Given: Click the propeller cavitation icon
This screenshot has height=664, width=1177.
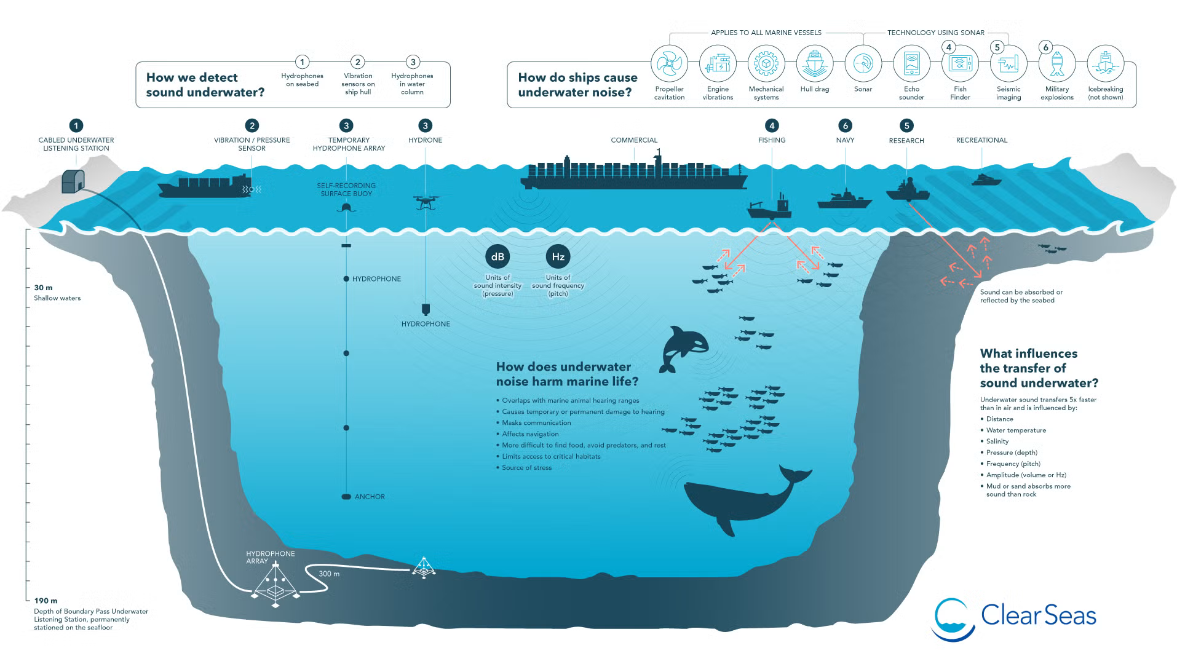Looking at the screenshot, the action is [669, 63].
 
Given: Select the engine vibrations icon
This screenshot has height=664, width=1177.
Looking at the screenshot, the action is [718, 63].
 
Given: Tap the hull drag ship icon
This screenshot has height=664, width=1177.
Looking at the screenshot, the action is [815, 63].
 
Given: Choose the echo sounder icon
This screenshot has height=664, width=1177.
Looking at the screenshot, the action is [911, 63].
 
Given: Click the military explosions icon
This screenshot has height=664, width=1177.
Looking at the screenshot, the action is [1057, 63].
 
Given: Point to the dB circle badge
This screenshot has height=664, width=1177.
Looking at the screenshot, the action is [497, 257].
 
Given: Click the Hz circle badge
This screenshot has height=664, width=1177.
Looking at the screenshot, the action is [558, 257].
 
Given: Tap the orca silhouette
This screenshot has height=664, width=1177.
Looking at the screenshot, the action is [683, 349].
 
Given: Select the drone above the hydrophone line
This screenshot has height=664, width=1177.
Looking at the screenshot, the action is [426, 202].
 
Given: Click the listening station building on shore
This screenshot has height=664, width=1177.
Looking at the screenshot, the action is [73, 181].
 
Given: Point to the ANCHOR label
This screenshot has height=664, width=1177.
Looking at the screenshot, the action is [370, 497].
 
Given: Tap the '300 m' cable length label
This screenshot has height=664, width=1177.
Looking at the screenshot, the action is [329, 574].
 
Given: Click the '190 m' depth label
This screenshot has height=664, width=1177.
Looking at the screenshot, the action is [46, 601].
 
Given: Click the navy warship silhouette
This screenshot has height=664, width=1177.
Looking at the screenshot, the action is [844, 200].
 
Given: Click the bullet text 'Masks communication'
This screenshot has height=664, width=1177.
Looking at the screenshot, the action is [536, 423].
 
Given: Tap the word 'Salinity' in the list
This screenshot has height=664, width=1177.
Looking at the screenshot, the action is [997, 441].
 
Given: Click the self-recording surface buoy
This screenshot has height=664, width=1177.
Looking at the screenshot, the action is [346, 208].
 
